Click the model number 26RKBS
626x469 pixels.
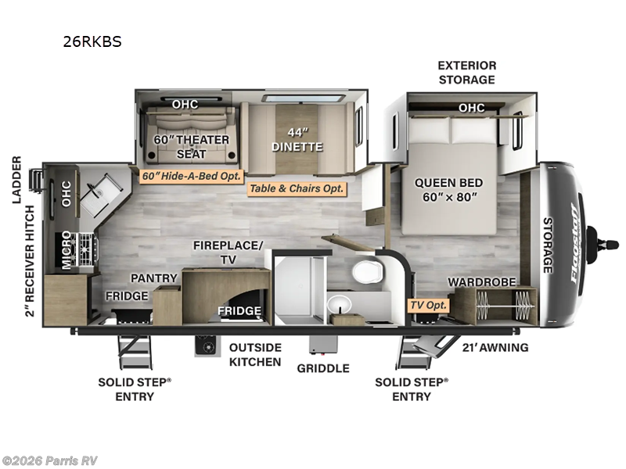pos(92,41)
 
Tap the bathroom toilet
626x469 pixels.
pos(367,272)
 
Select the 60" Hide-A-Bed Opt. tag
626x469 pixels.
pos(192,176)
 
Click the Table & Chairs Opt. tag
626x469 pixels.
pos(297,188)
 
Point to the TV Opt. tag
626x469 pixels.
pos(428,306)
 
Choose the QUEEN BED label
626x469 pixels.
pos(448,183)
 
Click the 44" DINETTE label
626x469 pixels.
pos(297,140)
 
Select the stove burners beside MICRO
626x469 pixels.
pos(85,250)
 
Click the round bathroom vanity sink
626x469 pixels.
pos(339,305)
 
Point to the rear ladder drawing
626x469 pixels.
pos(37,181)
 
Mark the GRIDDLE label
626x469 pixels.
pos(323,368)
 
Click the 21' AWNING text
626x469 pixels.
pos(495,347)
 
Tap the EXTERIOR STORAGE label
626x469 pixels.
pos(466,72)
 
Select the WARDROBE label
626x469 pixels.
pos(482,282)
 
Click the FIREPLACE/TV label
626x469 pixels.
pos(228,252)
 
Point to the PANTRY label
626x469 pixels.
pos(154,278)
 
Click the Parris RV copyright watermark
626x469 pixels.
pos(49,461)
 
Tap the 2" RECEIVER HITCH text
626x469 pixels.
pos(30,261)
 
